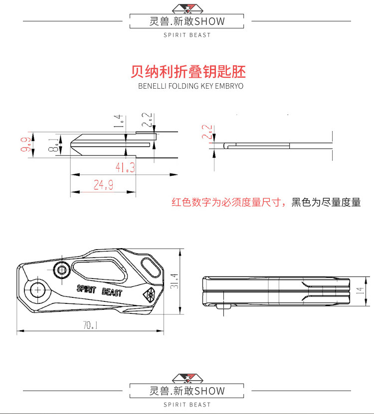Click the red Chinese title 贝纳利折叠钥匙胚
[x=188, y=71]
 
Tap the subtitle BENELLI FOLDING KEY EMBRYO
[x=190, y=86]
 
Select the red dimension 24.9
[x=104, y=185]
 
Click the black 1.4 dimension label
[x=118, y=122]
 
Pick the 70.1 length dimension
[x=90, y=325]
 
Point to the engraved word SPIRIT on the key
[x=87, y=288]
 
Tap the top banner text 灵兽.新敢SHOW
[x=187, y=21]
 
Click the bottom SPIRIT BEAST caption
[x=187, y=405]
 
